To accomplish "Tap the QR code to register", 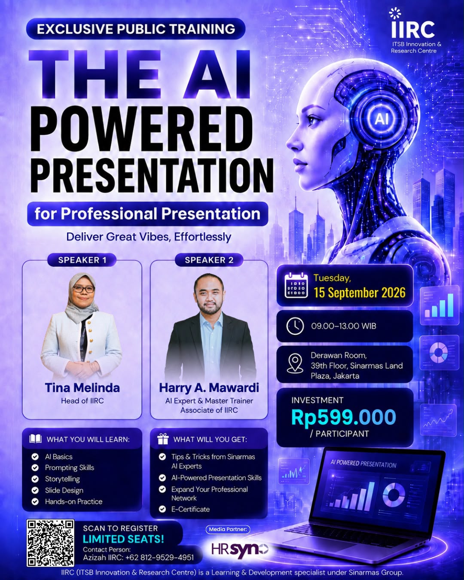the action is click(x=50, y=543).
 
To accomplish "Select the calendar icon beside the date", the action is click(x=296, y=285).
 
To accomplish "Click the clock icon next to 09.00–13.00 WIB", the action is click(x=295, y=326).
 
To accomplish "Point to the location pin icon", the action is click(x=295, y=363).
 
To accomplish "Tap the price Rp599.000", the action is click(x=343, y=417).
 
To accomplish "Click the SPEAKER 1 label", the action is click(x=82, y=260).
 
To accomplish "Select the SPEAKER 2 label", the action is click(x=209, y=260).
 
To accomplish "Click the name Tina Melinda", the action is click(x=82, y=388).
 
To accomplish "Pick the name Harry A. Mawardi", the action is click(x=209, y=388).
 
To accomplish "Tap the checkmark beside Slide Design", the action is click(x=35, y=490).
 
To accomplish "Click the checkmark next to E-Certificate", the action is click(x=162, y=509).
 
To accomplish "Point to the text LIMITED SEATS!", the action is click(x=123, y=539).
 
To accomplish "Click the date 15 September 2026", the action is click(x=360, y=293).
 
